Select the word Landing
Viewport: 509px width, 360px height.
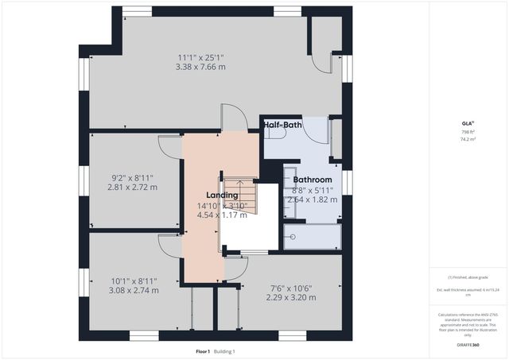click(x=221, y=195)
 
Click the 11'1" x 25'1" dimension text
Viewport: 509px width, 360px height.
click(x=200, y=56)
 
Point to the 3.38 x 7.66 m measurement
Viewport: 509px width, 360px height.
click(x=200, y=68)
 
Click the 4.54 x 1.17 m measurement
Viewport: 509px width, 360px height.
click(x=222, y=215)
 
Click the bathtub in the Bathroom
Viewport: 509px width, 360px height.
click(x=312, y=235)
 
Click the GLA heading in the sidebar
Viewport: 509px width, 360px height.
click(x=468, y=124)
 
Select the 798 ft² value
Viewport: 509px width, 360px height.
click(x=468, y=132)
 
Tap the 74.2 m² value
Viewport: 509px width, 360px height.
click(x=468, y=139)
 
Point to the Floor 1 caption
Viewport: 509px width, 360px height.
click(x=203, y=351)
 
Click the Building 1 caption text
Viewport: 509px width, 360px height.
click(x=223, y=351)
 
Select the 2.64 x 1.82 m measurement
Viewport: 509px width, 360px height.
click(x=312, y=199)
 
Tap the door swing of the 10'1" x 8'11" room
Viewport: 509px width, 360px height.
click(x=170, y=245)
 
